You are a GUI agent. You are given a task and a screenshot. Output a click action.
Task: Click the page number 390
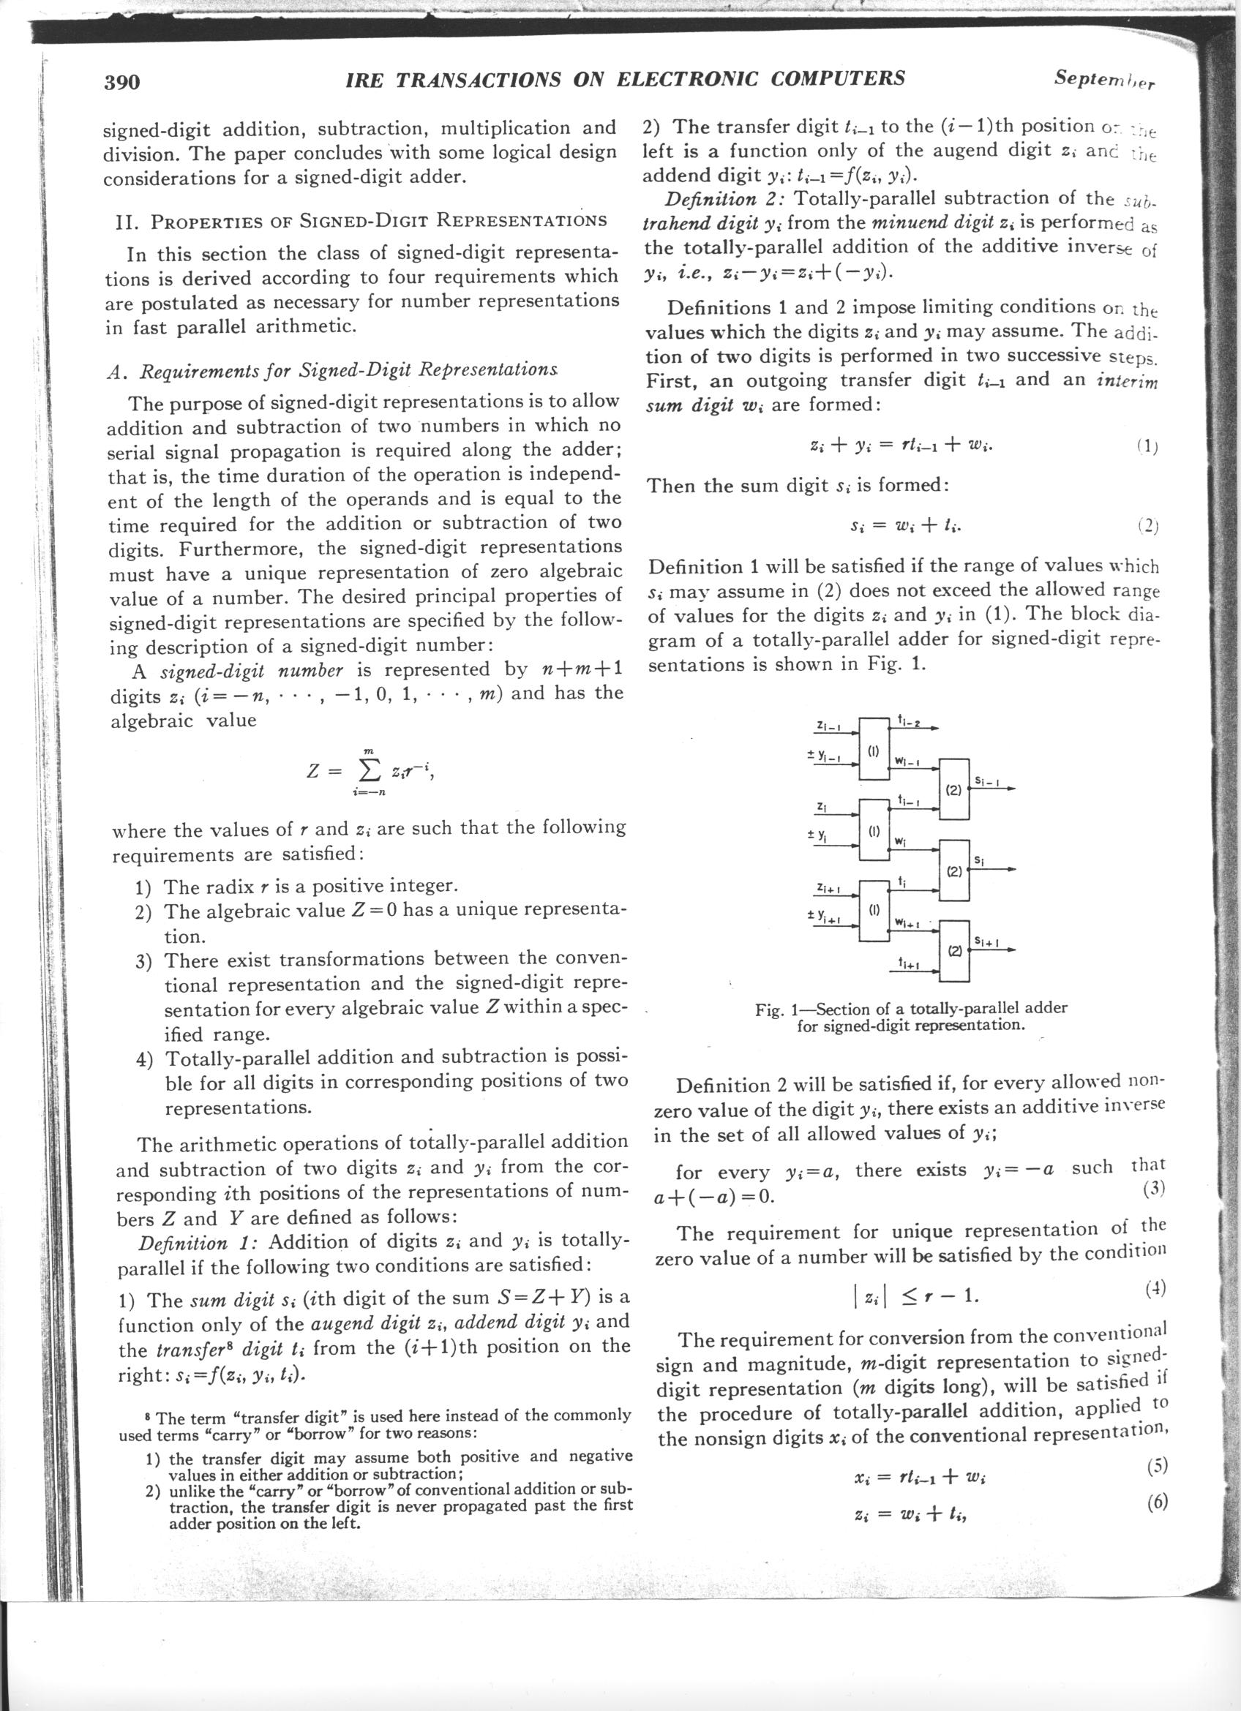click(121, 81)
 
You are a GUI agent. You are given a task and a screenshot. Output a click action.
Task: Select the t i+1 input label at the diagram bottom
click(906, 963)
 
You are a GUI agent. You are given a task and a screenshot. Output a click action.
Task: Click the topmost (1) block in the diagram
click(874, 752)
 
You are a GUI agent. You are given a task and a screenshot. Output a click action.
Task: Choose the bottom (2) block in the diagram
click(954, 951)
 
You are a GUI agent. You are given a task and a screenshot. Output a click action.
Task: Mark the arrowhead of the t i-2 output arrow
click(935, 729)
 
